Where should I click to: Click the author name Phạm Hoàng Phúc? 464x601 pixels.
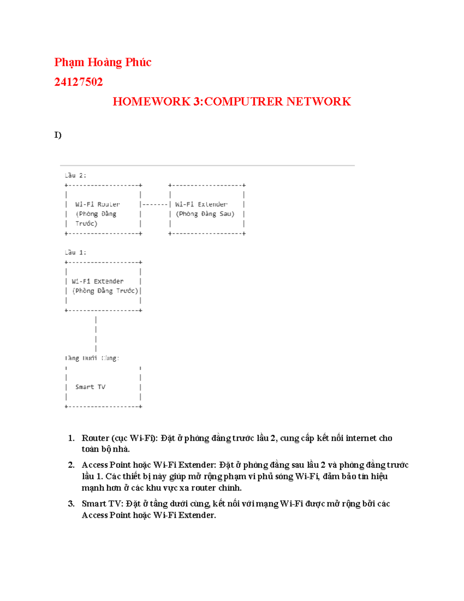point(102,62)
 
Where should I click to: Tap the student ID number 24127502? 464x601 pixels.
point(78,82)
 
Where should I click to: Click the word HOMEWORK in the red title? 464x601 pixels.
point(151,101)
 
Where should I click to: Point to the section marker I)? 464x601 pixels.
point(58,135)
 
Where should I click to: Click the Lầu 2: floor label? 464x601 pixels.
point(75,175)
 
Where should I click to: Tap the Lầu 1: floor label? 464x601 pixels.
point(75,252)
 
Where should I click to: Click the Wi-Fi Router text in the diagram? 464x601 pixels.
point(97,204)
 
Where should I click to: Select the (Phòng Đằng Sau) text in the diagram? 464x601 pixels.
point(205,214)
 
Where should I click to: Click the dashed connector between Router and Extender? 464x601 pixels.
point(155,204)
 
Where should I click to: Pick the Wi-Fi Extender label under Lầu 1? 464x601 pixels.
point(97,281)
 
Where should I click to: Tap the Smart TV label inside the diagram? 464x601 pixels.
point(90,387)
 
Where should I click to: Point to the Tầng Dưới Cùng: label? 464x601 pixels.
point(92,358)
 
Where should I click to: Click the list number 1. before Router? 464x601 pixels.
point(71,438)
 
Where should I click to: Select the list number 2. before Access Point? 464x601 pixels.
point(71,465)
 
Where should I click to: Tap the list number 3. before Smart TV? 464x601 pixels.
point(71,503)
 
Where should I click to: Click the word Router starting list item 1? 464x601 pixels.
point(96,438)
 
